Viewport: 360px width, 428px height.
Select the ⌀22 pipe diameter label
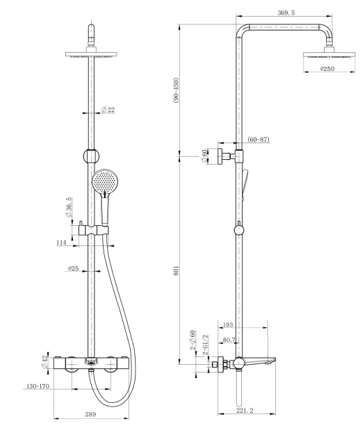coord(108,110)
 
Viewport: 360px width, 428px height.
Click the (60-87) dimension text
coord(259,140)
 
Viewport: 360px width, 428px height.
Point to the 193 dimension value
coord(229,324)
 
